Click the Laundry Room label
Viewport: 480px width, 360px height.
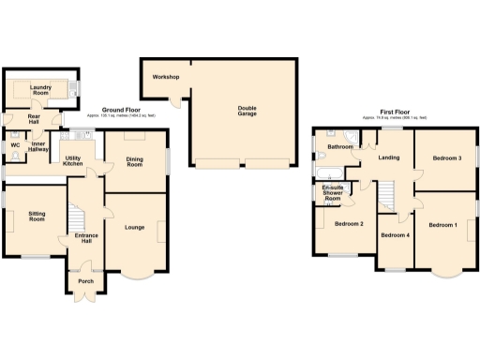click(41, 91)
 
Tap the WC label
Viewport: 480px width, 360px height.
click(16, 145)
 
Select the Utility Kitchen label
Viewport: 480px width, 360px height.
click(73, 161)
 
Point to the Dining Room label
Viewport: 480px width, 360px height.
click(135, 162)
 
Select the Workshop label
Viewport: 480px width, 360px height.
click(166, 77)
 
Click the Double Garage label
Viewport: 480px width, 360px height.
click(246, 111)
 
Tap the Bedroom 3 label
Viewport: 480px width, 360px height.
click(446, 158)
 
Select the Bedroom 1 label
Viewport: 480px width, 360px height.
click(443, 225)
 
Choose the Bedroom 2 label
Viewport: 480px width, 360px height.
click(349, 224)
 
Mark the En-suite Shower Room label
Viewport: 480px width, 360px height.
click(332, 194)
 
